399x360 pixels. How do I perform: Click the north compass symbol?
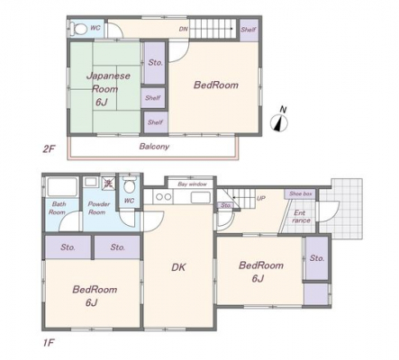click(x=279, y=120)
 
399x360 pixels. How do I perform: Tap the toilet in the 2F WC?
click(x=77, y=29)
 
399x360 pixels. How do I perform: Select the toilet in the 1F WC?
click(x=130, y=184)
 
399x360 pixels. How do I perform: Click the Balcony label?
click(x=154, y=147)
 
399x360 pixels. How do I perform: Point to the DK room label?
click(x=178, y=267)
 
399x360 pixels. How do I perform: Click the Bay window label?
click(x=192, y=184)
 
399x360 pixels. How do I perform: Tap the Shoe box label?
click(x=301, y=193)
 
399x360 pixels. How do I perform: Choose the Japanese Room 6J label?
click(x=108, y=89)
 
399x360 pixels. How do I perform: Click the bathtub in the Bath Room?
click(x=62, y=187)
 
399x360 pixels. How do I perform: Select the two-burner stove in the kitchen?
click(x=163, y=197)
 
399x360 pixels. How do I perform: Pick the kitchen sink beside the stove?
click(x=201, y=198)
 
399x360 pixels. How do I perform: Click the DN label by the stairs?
click(x=184, y=29)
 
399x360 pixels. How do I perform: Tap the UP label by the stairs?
click(x=261, y=198)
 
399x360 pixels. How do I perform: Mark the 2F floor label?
click(x=49, y=148)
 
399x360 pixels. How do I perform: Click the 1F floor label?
click(x=49, y=342)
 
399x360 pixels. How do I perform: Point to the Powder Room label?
click(x=98, y=208)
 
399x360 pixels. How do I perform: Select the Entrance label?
click(x=301, y=217)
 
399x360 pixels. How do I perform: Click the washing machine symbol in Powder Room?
click(x=108, y=183)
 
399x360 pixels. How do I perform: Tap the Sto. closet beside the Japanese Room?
click(x=155, y=63)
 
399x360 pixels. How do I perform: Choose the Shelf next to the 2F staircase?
click(x=249, y=30)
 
